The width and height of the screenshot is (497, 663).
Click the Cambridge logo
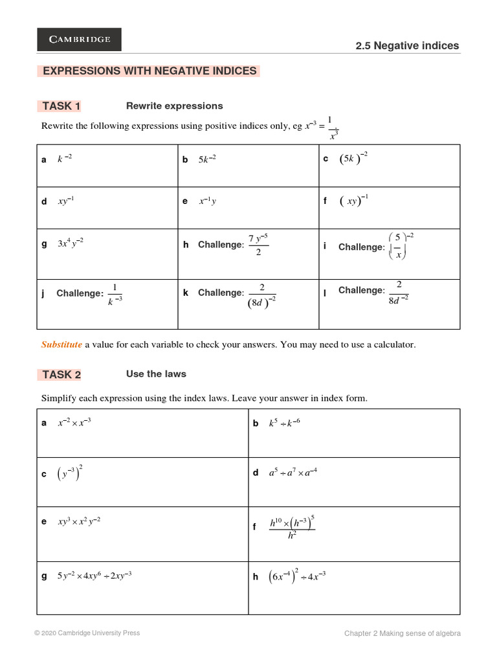79,39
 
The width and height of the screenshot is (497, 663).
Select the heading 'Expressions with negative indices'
149,71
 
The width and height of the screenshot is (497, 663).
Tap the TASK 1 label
61,106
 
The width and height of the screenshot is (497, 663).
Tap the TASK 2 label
61,374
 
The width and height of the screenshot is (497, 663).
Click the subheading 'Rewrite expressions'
174,106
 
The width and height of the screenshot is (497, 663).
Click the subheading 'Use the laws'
156,374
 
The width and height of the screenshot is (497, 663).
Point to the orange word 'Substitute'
61,345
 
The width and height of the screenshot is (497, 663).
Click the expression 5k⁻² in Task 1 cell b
207,159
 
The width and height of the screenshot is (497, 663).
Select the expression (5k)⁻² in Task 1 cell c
353,159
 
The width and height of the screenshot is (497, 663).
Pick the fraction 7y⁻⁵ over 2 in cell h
258,244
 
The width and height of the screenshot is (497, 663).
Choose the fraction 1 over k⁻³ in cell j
115,293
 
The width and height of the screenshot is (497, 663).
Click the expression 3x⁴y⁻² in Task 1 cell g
71,243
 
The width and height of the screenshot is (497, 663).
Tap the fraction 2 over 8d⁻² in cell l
398,291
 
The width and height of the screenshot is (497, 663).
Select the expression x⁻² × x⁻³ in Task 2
74,423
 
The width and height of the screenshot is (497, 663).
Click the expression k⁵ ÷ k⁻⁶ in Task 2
285,423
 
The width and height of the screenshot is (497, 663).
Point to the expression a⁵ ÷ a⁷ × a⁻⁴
293,473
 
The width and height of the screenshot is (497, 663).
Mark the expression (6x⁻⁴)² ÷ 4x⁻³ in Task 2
297,576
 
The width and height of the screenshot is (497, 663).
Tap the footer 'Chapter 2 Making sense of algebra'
402,634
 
